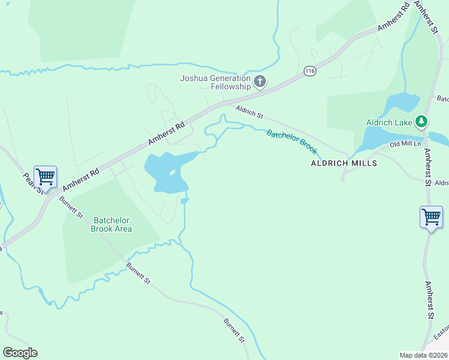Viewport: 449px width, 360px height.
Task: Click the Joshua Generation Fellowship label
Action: pyautogui.click(x=215, y=82)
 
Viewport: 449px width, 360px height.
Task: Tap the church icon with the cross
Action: pyautogui.click(x=260, y=82)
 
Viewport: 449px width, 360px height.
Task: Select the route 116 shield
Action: pyautogui.click(x=310, y=71)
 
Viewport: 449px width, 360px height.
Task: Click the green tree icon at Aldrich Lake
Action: pyautogui.click(x=421, y=122)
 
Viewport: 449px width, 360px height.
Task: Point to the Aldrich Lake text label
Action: pyautogui.click(x=389, y=123)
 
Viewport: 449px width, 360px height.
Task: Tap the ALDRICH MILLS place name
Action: pyautogui.click(x=343, y=163)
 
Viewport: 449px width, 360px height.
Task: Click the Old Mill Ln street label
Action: pyautogui.click(x=406, y=145)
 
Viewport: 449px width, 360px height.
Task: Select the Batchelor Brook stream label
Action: pyautogui.click(x=292, y=142)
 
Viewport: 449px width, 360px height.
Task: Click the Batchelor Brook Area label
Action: pyautogui.click(x=111, y=224)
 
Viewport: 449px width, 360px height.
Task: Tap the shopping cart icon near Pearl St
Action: pyautogui.click(x=45, y=177)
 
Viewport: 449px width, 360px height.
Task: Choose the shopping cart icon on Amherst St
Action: pyautogui.click(x=431, y=217)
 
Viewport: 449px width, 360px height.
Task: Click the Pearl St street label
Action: pyautogui.click(x=32, y=183)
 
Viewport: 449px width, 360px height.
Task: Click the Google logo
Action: pyautogui.click(x=20, y=353)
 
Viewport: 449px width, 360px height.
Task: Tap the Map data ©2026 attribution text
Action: pyautogui.click(x=424, y=355)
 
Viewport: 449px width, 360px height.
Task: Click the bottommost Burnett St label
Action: pyautogui.click(x=234, y=331)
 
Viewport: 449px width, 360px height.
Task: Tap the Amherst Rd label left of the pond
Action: pyautogui.click(x=167, y=135)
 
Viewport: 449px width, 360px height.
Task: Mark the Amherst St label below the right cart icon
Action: pyautogui.click(x=429, y=300)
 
